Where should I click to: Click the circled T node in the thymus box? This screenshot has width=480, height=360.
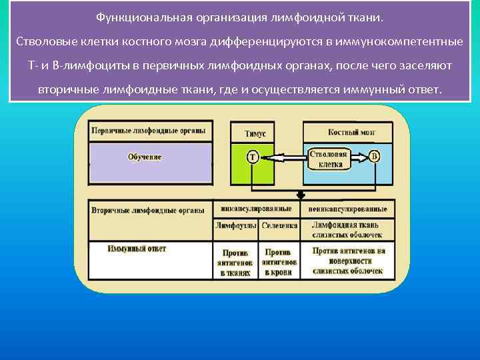pos(253,157)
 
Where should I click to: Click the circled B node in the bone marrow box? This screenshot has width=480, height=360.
pos(375,157)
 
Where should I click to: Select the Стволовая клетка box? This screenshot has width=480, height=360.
pos(327,158)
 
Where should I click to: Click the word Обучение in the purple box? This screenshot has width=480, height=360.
pos(145,157)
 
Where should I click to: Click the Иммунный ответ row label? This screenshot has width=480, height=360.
pos(137,249)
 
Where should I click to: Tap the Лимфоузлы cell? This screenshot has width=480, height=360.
pos(235,226)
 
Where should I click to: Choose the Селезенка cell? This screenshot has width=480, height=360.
pos(279,226)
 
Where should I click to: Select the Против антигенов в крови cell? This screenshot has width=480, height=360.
pos(280,263)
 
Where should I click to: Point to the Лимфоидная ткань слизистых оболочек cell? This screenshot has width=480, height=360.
pos(347,230)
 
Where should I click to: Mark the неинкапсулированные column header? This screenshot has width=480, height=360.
pos(348,209)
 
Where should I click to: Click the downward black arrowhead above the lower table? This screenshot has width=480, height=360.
pos(301,195)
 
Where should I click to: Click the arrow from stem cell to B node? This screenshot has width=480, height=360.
pos(359,157)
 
